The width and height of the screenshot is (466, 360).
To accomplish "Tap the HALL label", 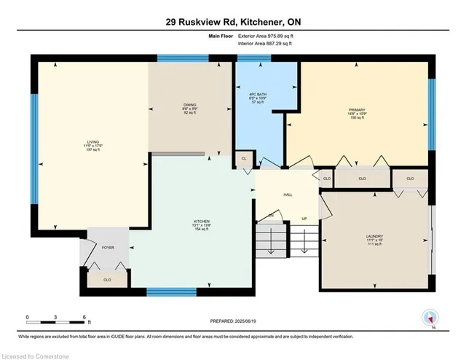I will (287, 195).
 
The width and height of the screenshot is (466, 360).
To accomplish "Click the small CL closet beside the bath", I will (244, 158).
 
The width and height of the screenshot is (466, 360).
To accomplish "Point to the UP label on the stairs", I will (304, 219).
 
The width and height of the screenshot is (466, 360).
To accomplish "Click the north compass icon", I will (430, 318).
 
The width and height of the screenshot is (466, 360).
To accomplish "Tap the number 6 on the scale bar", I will (85, 316).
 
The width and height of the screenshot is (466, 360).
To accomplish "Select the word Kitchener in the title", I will (253, 22).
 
